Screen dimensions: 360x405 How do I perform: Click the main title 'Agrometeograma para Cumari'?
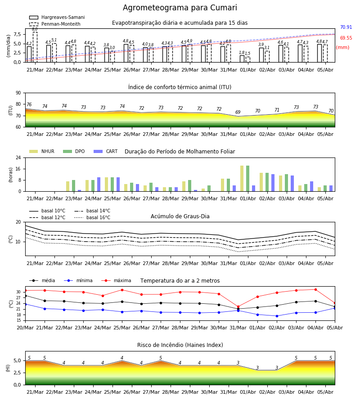180,8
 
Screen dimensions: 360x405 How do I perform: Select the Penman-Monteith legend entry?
55,24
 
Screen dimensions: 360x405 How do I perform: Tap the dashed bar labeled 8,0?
35,47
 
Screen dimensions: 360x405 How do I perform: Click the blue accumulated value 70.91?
346,27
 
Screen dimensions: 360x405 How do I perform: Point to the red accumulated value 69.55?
346,38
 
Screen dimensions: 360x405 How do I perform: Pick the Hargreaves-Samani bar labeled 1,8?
242,59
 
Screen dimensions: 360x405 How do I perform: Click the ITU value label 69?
238,112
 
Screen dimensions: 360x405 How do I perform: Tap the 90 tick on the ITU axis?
18,93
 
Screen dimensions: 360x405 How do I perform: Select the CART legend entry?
106,151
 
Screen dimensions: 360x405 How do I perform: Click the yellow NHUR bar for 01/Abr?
242,179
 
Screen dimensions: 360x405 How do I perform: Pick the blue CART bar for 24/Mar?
99,184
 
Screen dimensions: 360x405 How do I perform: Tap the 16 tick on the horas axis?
18,169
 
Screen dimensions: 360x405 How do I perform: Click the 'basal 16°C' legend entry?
92,217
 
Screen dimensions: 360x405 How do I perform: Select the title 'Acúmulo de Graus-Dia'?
180,216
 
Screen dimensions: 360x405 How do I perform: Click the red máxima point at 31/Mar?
238,307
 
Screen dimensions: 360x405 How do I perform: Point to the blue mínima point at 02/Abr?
277,316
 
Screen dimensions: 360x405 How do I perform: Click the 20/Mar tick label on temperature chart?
25,328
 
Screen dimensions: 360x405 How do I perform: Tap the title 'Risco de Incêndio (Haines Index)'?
180,345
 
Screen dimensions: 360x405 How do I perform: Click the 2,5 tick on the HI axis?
17,373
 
